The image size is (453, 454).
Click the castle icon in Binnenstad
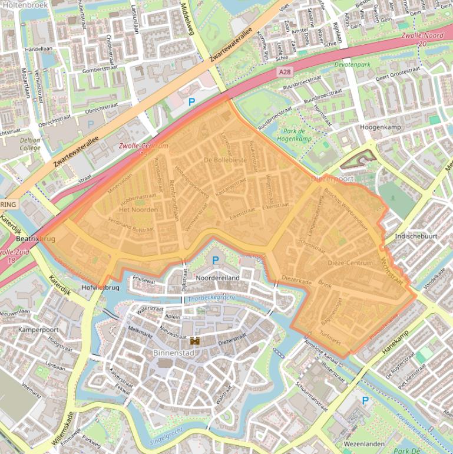(194, 341)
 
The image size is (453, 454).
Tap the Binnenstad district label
(173, 353)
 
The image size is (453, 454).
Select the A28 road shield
(285, 71)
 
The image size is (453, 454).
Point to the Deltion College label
(29, 144)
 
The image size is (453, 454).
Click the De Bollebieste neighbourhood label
(225, 160)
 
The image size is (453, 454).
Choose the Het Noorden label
(138, 209)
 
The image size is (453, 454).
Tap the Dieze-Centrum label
(350, 262)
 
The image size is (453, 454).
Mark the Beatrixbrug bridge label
(35, 239)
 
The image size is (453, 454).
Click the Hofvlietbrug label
(101, 288)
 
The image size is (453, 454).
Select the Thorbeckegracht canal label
(211, 298)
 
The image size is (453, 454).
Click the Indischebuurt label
(416, 236)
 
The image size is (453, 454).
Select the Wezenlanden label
(364, 443)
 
